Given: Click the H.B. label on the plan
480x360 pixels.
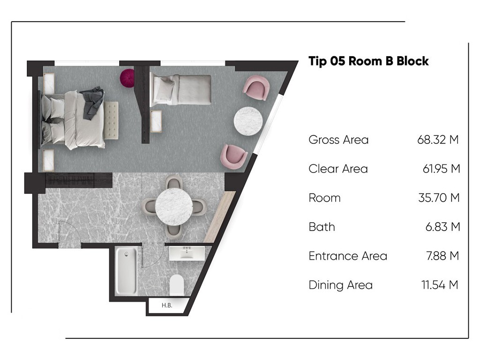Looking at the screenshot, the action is [x=167, y=305].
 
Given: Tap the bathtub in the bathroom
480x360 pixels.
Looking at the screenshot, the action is [x=126, y=271].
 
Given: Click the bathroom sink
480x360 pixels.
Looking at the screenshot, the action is [x=187, y=253].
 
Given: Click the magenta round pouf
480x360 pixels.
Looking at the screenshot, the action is [x=127, y=78].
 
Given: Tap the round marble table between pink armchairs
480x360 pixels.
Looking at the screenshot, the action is [x=248, y=120].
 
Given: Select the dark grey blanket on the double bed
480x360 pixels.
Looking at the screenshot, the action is [x=93, y=103].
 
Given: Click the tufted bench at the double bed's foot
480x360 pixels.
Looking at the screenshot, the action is [x=111, y=120].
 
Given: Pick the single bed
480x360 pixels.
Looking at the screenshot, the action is [x=180, y=90].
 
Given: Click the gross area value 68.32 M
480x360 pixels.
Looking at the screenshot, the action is [x=438, y=140].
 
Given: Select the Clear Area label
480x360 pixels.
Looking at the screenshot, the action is [x=338, y=169].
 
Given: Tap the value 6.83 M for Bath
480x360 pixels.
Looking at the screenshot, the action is [x=442, y=227].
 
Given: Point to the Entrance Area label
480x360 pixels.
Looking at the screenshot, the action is [x=348, y=256].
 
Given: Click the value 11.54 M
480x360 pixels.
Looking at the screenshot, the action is [x=440, y=285].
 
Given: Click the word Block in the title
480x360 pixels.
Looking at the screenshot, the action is [x=412, y=61].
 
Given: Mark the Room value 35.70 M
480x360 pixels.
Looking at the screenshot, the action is [x=439, y=198].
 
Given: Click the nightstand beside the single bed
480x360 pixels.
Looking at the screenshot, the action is [x=156, y=121].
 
